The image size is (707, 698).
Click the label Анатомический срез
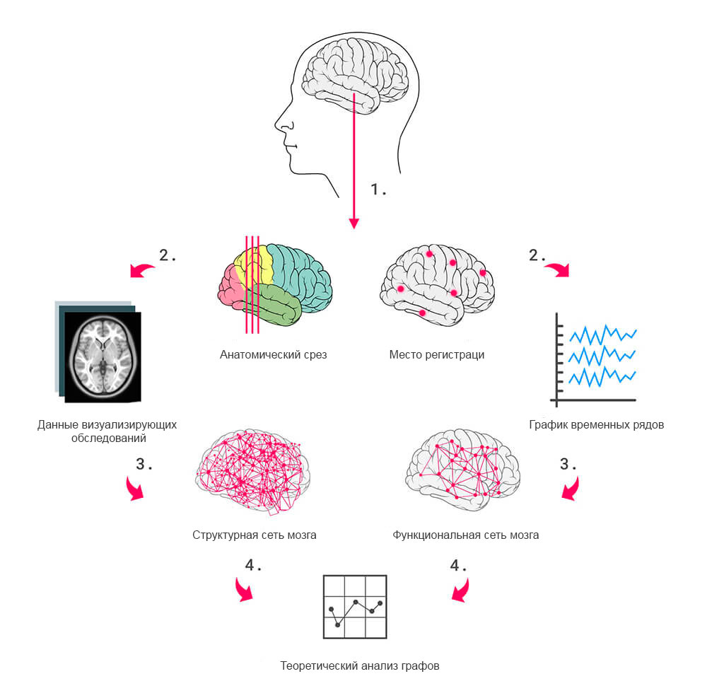point(273,354)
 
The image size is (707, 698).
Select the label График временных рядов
point(596,425)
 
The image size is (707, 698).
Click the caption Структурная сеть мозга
point(254,535)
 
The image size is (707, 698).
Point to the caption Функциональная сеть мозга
point(465,535)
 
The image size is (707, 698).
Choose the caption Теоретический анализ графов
point(360,665)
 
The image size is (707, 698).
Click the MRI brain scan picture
point(102,356)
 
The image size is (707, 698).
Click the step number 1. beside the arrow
point(378,190)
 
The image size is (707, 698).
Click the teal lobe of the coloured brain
point(300,272)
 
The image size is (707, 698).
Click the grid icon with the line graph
point(355,606)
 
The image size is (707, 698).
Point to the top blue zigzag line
point(602,333)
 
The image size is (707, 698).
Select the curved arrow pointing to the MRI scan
point(143,269)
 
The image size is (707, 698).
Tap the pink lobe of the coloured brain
point(230,286)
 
